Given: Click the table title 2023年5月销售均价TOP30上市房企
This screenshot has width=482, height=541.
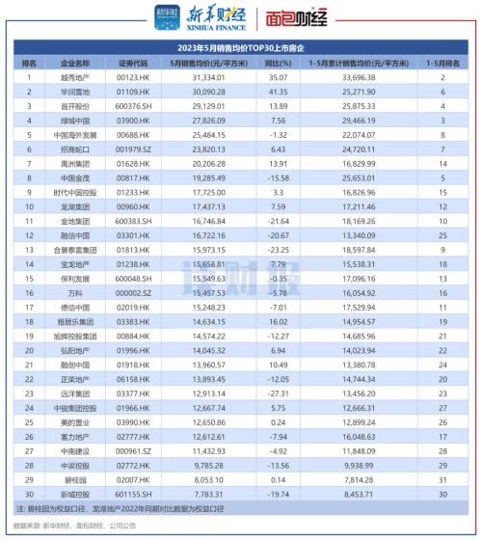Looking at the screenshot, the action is tap(241, 46).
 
